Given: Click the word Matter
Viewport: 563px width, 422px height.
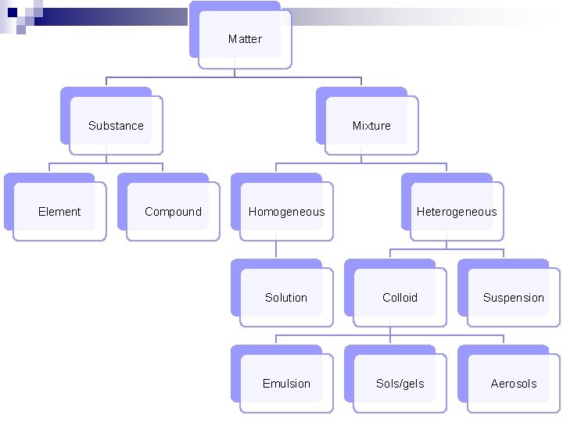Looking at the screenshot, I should click(245, 39).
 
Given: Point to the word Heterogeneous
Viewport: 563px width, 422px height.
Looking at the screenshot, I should click(457, 212).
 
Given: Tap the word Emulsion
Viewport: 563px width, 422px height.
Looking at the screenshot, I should click(286, 384).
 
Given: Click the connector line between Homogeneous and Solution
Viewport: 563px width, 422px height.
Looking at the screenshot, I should click(276, 249).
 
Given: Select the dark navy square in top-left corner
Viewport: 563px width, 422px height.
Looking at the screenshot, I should click(12, 12).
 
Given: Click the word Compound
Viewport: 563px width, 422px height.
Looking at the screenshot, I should click(173, 212).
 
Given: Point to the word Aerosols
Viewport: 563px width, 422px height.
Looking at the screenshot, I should click(514, 384).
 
